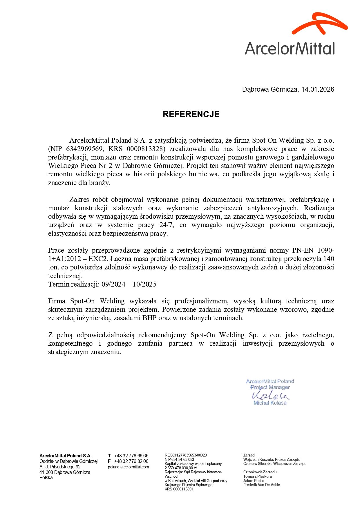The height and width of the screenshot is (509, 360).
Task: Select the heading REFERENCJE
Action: pos(191,114)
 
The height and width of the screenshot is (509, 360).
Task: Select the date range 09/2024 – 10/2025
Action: pos(129,284)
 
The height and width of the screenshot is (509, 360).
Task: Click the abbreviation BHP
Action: pos(149,318)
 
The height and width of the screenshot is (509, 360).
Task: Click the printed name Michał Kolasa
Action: pos(270,403)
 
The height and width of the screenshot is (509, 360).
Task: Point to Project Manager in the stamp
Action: pos(270,387)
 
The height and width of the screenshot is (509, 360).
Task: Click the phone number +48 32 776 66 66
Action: pos(131,456)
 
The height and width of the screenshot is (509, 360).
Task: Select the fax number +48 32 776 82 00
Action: pos(131,461)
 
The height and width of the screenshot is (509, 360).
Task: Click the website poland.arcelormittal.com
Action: pos(128,467)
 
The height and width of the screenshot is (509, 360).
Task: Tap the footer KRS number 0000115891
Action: pos(183,489)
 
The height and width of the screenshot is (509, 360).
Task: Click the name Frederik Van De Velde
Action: pos(261,485)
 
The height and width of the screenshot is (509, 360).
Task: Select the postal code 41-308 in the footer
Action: pos(46,472)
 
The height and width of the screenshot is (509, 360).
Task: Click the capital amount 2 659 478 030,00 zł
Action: pos(180,468)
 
